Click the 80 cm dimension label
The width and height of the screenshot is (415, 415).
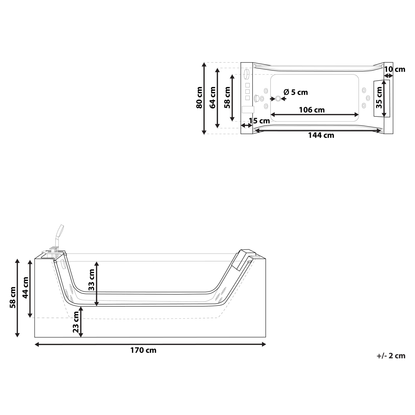click(x=199, y=98)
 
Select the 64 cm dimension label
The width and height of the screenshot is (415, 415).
click(x=213, y=98)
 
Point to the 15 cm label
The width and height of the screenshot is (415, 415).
click(x=259, y=121)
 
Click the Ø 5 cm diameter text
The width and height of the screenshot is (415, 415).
click(x=295, y=92)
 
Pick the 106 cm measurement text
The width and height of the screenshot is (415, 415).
click(x=312, y=110)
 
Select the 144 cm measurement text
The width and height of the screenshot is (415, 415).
click(x=321, y=135)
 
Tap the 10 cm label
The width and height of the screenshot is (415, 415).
click(x=395, y=69)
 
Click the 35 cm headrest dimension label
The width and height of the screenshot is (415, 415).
click(x=379, y=98)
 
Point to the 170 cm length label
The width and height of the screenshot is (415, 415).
click(x=143, y=350)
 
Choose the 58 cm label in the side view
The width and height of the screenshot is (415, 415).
click(x=13, y=297)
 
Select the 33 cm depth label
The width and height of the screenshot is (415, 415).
click(x=91, y=279)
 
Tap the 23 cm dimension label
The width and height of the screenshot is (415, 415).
click(x=76, y=322)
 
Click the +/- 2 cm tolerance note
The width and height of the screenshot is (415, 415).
click(x=391, y=356)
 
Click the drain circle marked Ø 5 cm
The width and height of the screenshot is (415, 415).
click(x=278, y=99)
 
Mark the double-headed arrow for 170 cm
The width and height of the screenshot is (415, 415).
click(x=150, y=344)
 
